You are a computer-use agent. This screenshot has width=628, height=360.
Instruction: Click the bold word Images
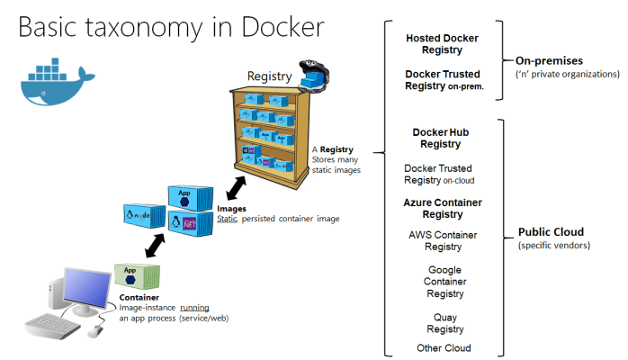[x=231, y=209]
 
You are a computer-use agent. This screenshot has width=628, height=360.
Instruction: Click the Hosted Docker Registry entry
[x=442, y=44]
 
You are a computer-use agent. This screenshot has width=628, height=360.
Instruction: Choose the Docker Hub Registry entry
[x=441, y=138]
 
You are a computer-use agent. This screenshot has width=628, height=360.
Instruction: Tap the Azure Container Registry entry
[x=442, y=209]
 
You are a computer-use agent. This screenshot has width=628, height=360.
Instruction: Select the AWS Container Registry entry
[x=442, y=240]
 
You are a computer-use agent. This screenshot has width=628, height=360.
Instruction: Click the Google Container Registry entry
[x=442, y=281]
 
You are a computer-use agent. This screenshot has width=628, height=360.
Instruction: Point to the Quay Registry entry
[x=442, y=322]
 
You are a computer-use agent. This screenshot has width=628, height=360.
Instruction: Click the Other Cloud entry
[x=443, y=347]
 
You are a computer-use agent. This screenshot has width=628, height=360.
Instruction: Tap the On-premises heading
[x=550, y=60]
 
